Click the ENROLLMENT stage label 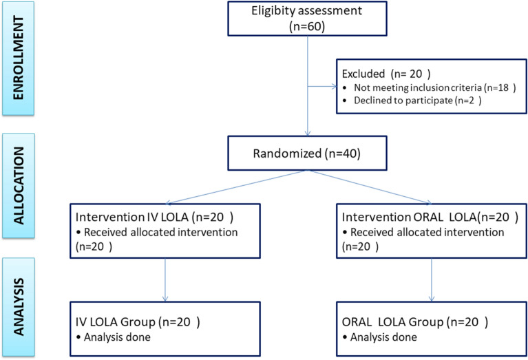(x=18, y=58)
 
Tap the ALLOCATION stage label (x=18, y=186)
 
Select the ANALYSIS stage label (x=18, y=307)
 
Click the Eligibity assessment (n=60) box (x=307, y=19)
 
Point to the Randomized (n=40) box (x=307, y=153)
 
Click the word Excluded (x=363, y=74)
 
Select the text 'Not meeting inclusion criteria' (x=418, y=87)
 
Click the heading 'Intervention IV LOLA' (x=131, y=217)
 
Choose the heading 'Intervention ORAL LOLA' (x=409, y=217)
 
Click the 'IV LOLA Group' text (x=116, y=322)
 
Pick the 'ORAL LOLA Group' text (x=392, y=322)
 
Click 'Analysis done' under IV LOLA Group (x=117, y=337)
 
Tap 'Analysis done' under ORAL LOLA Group (x=383, y=337)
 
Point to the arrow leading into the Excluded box (x=322, y=87)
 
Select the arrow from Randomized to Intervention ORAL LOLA (x=370, y=187)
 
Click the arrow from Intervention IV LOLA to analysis (x=165, y=280)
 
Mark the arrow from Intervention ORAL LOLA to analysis (x=432, y=280)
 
